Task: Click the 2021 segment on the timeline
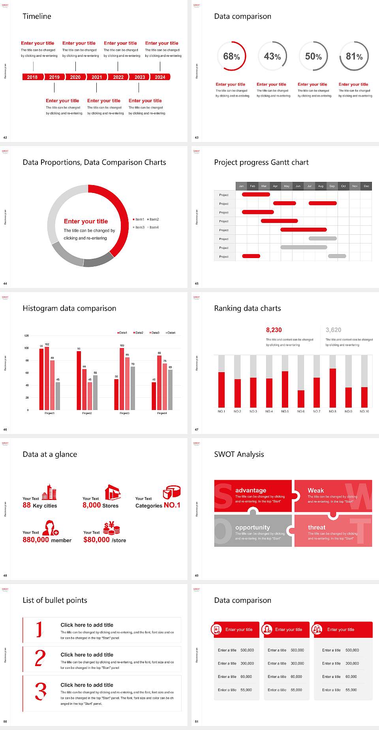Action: [x=97, y=77]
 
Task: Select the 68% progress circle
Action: [x=231, y=56]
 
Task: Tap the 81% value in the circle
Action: [x=354, y=56]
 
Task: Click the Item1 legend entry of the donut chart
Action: [x=139, y=219]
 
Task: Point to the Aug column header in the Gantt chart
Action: [x=321, y=186]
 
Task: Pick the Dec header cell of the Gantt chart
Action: [x=366, y=186]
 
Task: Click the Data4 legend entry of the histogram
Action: [x=171, y=333]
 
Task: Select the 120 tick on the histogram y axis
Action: [x=27, y=336]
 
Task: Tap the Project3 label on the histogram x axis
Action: [x=124, y=413]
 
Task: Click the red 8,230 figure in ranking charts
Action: [x=274, y=330]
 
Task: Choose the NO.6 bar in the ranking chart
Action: [x=301, y=399]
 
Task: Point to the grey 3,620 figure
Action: [x=334, y=330]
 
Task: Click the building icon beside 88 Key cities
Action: [x=49, y=492]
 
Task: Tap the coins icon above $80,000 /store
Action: [x=112, y=528]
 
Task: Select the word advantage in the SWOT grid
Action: [x=251, y=490]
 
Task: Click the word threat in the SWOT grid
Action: [x=317, y=527]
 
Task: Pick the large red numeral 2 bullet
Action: [x=40, y=658]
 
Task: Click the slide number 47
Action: [x=197, y=429]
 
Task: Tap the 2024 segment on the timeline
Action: [x=160, y=77]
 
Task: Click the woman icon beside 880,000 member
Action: [x=51, y=528]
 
